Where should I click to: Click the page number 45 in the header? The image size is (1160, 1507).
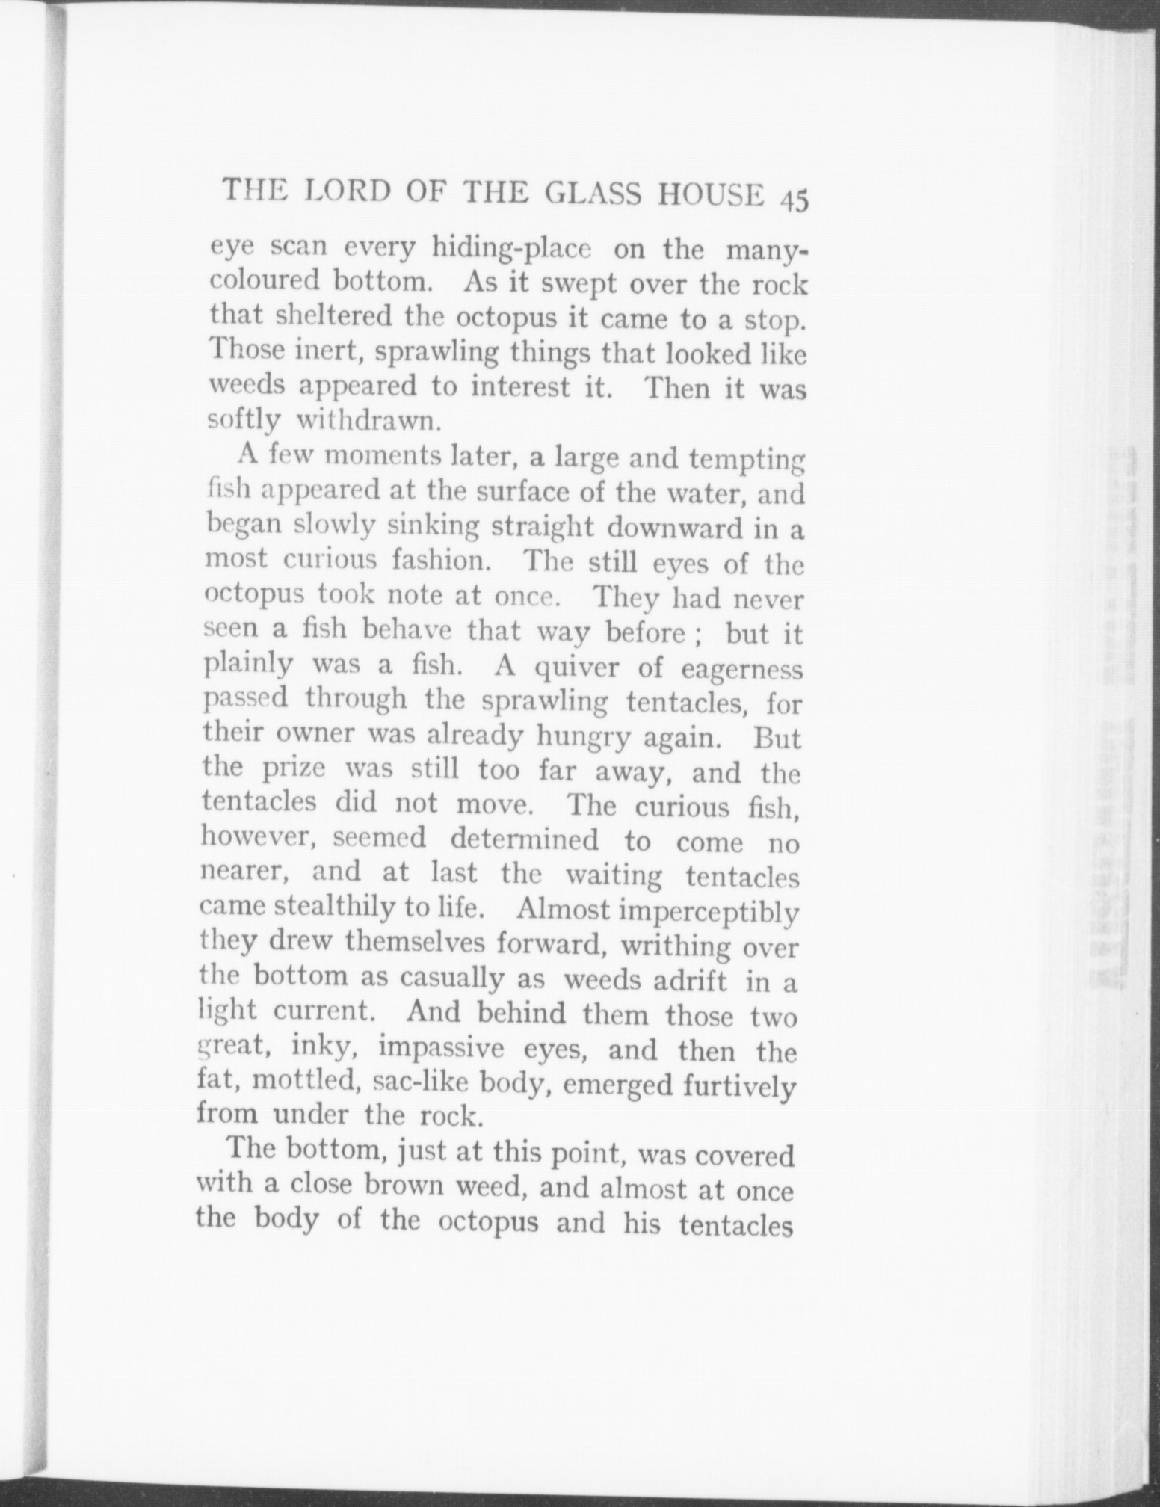pyautogui.click(x=793, y=203)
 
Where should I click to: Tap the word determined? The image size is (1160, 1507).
pyautogui.click(x=524, y=840)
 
